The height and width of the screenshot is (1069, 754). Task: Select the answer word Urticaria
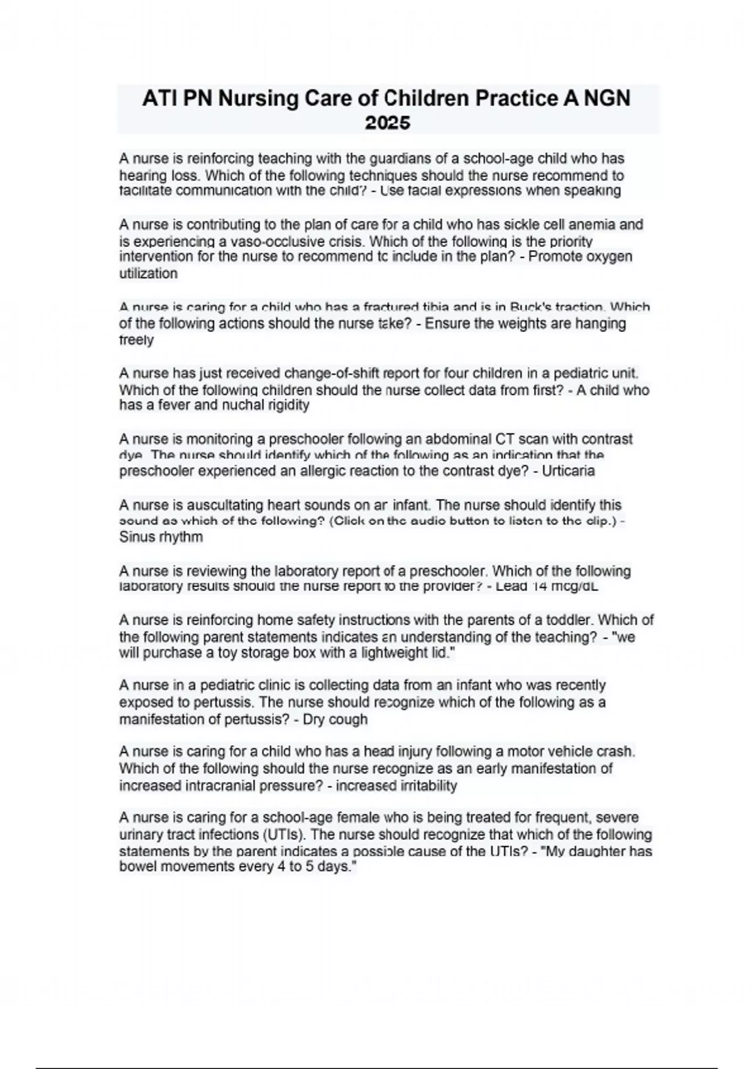pyautogui.click(x=568, y=471)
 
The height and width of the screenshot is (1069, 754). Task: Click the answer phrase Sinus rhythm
pyautogui.click(x=161, y=537)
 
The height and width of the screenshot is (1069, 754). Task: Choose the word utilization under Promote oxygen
pyautogui.click(x=148, y=274)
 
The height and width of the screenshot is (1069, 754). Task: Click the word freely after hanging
pyautogui.click(x=136, y=340)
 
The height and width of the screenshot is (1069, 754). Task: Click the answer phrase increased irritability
pyautogui.click(x=396, y=785)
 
